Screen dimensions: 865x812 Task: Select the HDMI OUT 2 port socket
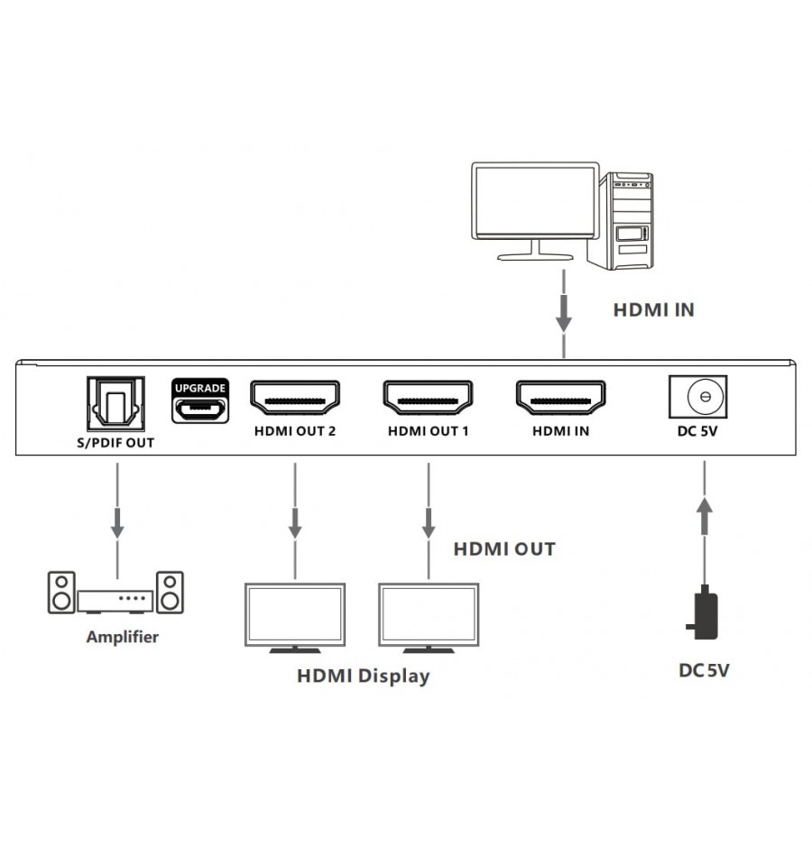point(295,398)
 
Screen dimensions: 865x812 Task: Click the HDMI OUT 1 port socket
point(429,398)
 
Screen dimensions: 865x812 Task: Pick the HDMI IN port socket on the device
point(560,398)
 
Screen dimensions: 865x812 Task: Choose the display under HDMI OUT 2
point(294,617)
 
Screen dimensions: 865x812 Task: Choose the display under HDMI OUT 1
point(428,617)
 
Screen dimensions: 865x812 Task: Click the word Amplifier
point(122,637)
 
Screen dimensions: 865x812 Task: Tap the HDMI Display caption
point(363,676)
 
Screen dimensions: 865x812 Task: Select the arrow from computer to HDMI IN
point(564,311)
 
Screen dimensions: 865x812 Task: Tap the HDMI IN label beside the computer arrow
point(654,309)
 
